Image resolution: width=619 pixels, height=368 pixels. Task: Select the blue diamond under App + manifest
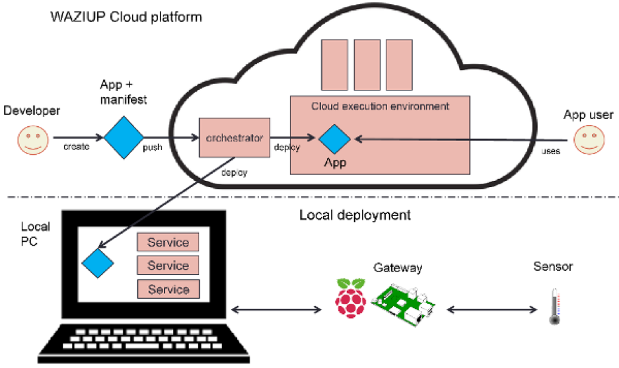click(122, 137)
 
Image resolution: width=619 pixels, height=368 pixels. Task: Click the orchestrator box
click(235, 139)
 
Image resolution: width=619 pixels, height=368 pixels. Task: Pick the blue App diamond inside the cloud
click(334, 139)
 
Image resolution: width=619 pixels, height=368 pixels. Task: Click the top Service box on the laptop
click(168, 242)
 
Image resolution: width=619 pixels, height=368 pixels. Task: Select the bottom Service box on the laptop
click(168, 289)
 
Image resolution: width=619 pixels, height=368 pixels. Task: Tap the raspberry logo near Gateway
click(350, 299)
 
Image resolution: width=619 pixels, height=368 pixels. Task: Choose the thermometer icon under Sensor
click(556, 305)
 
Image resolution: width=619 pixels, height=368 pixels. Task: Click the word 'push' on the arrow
click(153, 147)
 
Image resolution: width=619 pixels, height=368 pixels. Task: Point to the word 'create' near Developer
click(77, 147)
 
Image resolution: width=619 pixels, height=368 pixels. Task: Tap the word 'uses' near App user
click(550, 151)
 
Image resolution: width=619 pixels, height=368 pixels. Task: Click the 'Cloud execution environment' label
click(380, 106)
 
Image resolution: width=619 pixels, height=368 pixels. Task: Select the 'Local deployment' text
click(355, 215)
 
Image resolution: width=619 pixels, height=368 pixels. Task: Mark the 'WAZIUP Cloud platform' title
click(126, 16)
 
